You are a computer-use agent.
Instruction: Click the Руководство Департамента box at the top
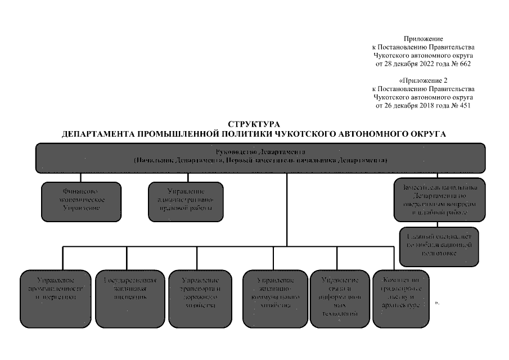(260, 157)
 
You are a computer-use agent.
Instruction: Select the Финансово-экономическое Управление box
(81, 201)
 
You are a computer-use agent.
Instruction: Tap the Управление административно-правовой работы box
(185, 201)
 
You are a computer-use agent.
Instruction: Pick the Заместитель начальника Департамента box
(439, 200)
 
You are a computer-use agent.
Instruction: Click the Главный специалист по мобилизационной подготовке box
(439, 246)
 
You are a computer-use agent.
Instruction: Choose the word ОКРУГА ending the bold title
(428, 134)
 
